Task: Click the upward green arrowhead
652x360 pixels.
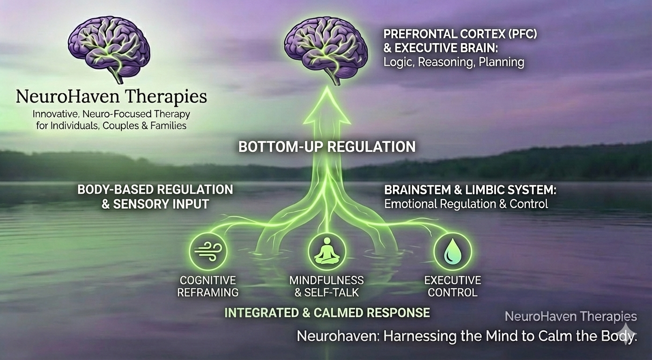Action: [x=326, y=110]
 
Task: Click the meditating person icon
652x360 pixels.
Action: [x=326, y=251]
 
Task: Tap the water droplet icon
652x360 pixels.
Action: [x=452, y=251]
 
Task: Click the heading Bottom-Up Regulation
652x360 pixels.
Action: [x=326, y=147]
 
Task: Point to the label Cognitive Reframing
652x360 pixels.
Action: [x=208, y=286]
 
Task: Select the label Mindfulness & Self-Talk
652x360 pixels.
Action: [x=326, y=286]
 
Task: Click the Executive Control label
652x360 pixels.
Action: [x=452, y=286]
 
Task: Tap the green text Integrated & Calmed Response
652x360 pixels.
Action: [x=327, y=313]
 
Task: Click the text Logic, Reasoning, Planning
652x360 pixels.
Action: [x=453, y=62]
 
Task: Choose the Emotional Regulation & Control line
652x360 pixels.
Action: [x=466, y=204]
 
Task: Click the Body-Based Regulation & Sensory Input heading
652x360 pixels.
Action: [x=155, y=196]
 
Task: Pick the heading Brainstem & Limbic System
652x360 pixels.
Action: [x=470, y=190]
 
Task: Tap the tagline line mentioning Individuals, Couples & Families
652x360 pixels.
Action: [x=111, y=126]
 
